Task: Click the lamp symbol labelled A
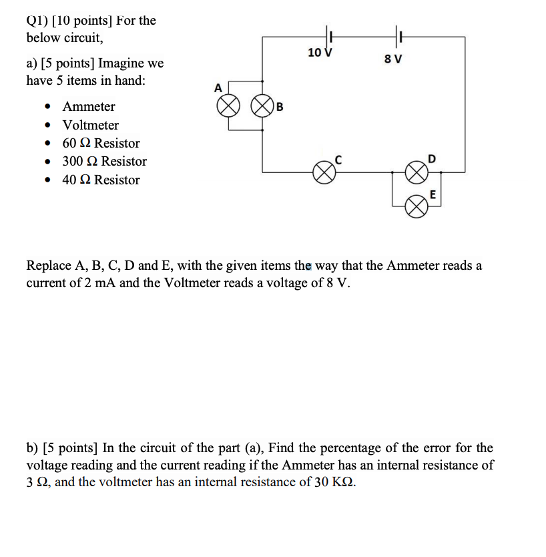click(230, 106)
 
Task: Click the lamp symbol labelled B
click(262, 106)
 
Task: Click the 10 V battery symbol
click(328, 34)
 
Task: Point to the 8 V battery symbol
click(398, 34)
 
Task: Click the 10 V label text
click(320, 52)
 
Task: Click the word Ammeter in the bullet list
click(89, 107)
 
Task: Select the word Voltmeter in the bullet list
click(91, 125)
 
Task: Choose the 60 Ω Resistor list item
click(101, 144)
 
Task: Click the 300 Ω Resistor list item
click(104, 162)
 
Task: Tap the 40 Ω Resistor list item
click(101, 180)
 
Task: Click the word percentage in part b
click(402, 447)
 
